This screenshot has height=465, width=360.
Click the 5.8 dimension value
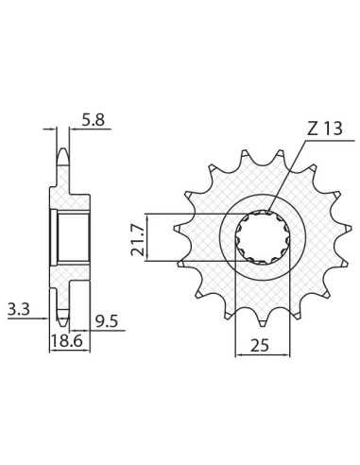[x=93, y=120]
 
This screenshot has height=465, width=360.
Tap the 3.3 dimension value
[x=19, y=309]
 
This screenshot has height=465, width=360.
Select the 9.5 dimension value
[x=107, y=322]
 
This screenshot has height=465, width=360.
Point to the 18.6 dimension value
[x=66, y=341]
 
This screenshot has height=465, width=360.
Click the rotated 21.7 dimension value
[x=137, y=238]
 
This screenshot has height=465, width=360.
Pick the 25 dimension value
[x=260, y=346]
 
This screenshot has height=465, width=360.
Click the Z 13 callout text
[x=324, y=129]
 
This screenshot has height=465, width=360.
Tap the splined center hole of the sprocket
[x=263, y=237]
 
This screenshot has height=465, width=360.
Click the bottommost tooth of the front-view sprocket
[x=264, y=322]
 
